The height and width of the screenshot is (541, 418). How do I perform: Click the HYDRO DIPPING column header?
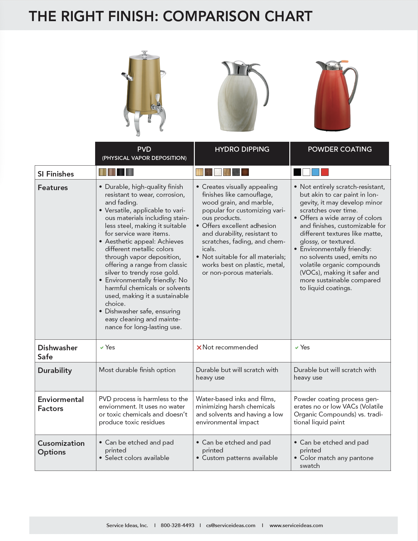tap(242, 149)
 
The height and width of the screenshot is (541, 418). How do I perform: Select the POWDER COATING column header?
tap(339, 149)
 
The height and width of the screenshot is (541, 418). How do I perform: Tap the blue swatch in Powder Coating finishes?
tap(315, 172)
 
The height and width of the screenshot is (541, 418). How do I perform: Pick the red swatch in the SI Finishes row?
tap(325, 172)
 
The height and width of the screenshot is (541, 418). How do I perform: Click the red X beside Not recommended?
tap(199, 348)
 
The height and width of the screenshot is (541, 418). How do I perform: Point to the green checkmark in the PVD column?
tap(102, 348)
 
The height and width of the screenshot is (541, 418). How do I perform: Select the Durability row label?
tap(55, 371)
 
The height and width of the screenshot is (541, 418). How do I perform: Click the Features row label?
tap(53, 188)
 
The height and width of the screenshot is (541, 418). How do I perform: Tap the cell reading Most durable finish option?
tap(137, 370)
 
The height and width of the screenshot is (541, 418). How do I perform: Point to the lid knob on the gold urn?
tap(145, 53)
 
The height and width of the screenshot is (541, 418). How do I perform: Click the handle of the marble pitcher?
tap(263, 85)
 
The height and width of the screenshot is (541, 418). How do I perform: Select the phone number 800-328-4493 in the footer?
tap(177, 525)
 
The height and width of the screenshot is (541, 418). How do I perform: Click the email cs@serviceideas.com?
tap(231, 525)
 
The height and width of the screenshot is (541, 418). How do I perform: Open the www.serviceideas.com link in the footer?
tap(296, 525)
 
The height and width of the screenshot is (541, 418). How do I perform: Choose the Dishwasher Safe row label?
tap(57, 352)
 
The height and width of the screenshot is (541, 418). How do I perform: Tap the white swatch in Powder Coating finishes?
tap(306, 172)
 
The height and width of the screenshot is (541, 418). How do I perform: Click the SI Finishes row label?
tap(56, 174)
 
